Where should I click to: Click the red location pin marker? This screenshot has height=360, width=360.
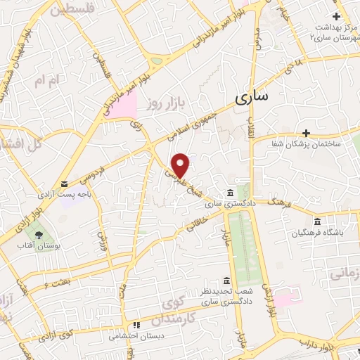pyautogui.click(x=181, y=165)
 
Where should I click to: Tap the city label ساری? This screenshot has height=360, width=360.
pyautogui.click(x=252, y=98)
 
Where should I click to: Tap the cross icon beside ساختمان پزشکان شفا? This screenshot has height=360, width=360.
pyautogui.click(x=306, y=132)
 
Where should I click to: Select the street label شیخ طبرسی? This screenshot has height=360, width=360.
pyautogui.click(x=185, y=182)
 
